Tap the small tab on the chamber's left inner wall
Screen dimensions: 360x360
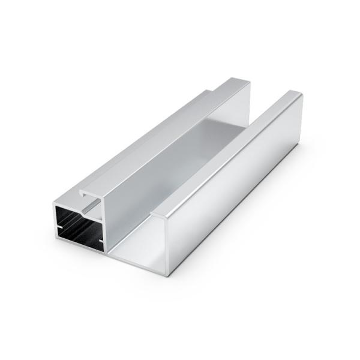(x=58, y=227)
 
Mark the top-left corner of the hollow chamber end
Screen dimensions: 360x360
(x=55, y=205)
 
